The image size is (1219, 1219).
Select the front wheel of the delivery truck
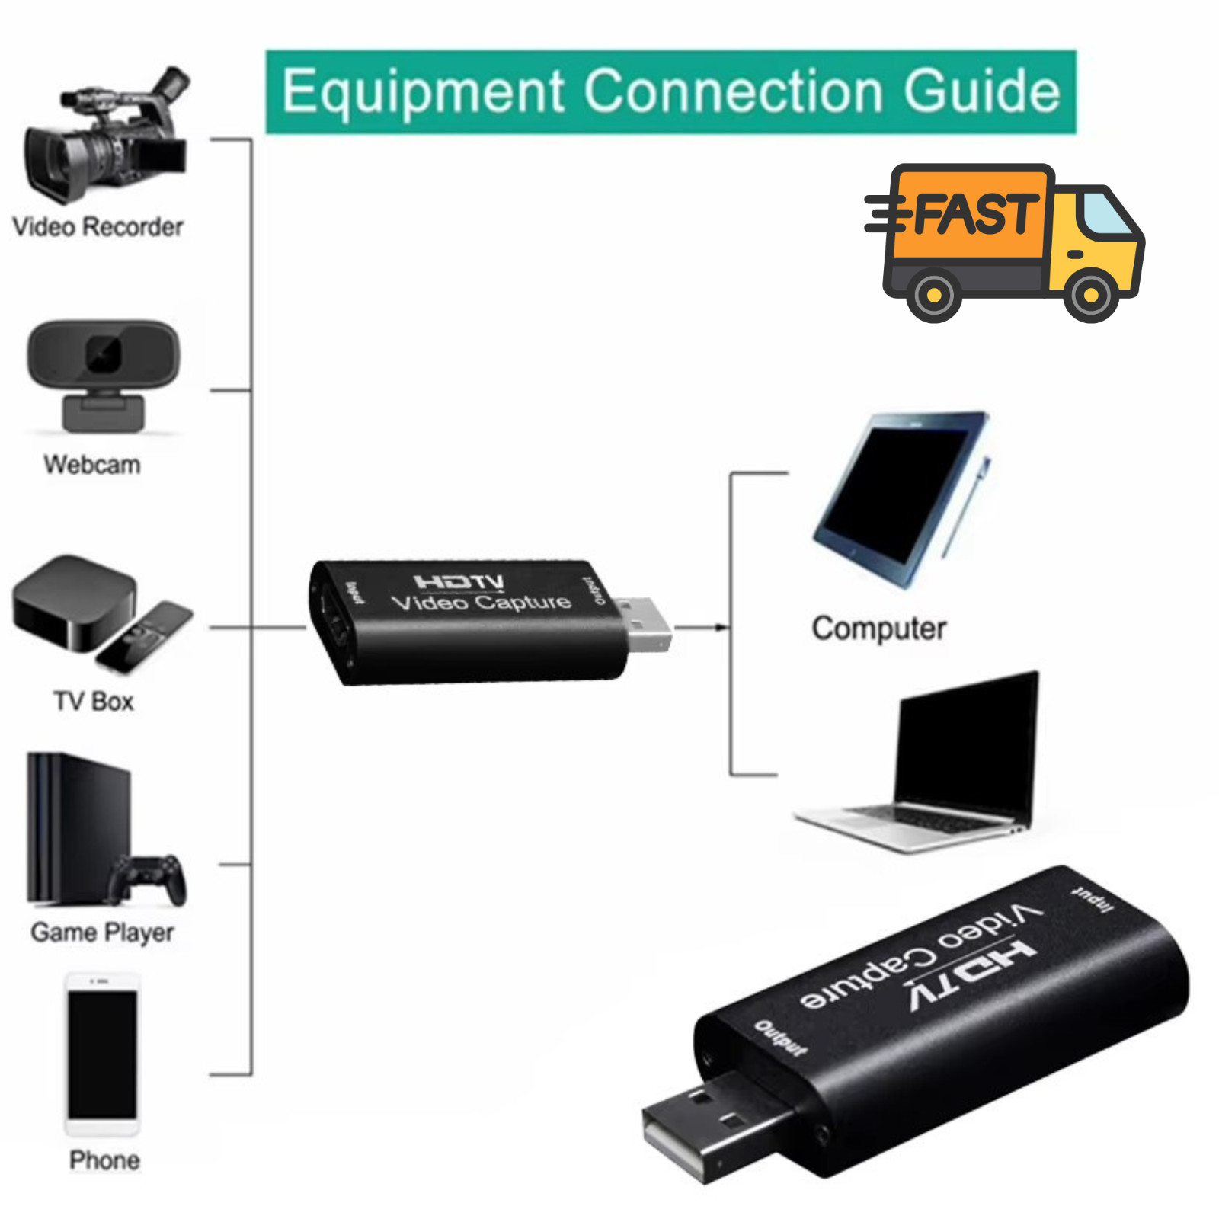[x=1090, y=294]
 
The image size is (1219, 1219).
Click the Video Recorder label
[x=98, y=227]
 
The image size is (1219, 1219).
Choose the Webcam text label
[x=92, y=464]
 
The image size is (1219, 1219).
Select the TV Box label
[x=94, y=701]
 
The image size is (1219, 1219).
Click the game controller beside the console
[x=147, y=879]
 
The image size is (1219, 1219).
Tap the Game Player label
[x=102, y=933]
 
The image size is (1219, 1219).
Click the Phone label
[x=104, y=1160]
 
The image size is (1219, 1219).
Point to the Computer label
[x=879, y=629]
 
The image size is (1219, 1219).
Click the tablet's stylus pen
[x=967, y=507]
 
